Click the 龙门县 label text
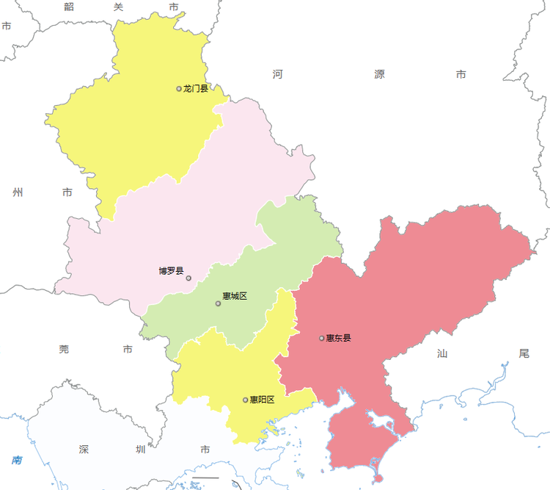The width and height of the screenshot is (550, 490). [196, 89]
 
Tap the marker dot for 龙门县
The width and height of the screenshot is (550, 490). [179, 89]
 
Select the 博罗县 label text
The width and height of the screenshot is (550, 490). [171, 270]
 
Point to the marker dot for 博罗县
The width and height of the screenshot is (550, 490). [188, 278]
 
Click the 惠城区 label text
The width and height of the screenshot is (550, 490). [235, 296]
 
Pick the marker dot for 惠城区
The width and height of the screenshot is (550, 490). [218, 303]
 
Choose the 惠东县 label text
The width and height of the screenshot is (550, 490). [339, 338]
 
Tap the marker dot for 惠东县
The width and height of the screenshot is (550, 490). [322, 338]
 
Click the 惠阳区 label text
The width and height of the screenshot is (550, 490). [262, 400]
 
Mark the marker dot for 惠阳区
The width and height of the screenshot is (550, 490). [245, 400]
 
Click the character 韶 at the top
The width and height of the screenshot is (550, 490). [69, 7]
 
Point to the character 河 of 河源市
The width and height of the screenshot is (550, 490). [278, 74]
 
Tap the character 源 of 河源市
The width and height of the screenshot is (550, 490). [379, 74]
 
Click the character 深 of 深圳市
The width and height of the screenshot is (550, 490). [84, 449]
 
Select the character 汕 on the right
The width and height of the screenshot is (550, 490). [441, 353]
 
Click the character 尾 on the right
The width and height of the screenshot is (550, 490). [523, 353]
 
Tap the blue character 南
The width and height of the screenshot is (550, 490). [17, 461]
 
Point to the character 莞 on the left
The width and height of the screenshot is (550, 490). [64, 349]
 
